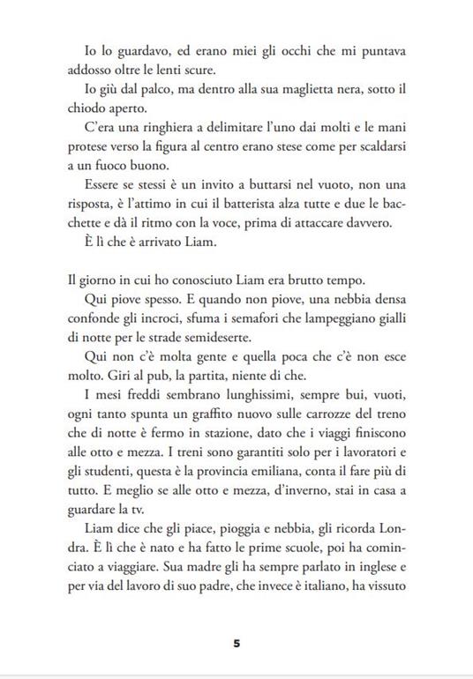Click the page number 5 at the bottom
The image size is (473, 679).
point(236,643)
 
